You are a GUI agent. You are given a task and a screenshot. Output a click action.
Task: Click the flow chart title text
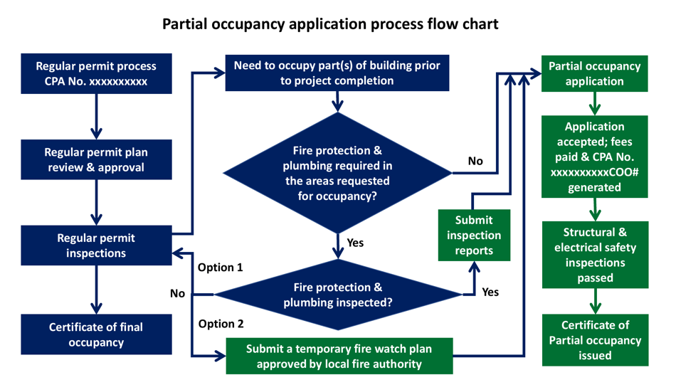pyautogui.click(x=330, y=23)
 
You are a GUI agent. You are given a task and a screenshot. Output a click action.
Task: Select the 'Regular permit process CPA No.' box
pyautogui.click(x=96, y=73)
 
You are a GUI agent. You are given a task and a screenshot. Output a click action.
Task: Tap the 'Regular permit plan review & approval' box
pyautogui.click(x=96, y=159)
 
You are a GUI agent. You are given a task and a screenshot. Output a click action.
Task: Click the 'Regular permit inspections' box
pyautogui.click(x=96, y=245)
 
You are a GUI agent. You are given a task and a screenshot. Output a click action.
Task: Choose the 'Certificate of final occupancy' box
pyautogui.click(x=96, y=334)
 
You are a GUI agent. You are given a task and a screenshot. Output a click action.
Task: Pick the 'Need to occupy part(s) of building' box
pyautogui.click(x=337, y=73)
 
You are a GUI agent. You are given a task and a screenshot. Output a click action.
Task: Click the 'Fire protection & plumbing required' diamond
pyautogui.click(x=337, y=173)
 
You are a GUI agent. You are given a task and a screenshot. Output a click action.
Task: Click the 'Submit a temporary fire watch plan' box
pyautogui.click(x=339, y=357)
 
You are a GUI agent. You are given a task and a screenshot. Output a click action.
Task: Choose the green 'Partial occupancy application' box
pyautogui.click(x=594, y=73)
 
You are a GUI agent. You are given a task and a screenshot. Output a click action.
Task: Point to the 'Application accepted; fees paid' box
pyautogui.click(x=594, y=157)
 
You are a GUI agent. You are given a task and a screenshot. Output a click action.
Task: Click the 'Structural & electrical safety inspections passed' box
pyautogui.click(x=594, y=255)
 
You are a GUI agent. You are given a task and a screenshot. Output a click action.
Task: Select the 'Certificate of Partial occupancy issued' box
pyautogui.click(x=594, y=340)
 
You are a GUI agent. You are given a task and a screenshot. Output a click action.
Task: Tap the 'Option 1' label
pyautogui.click(x=220, y=268)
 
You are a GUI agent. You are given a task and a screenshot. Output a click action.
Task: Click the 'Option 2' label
pyautogui.click(x=220, y=324)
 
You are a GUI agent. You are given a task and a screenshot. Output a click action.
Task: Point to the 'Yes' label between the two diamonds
pyautogui.click(x=355, y=243)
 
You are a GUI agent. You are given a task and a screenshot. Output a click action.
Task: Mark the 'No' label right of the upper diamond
pyautogui.click(x=475, y=161)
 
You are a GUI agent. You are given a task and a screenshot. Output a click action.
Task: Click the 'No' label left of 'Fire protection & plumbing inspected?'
pyautogui.click(x=178, y=293)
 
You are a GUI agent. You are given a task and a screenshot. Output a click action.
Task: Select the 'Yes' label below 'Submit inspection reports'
pyautogui.click(x=490, y=292)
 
